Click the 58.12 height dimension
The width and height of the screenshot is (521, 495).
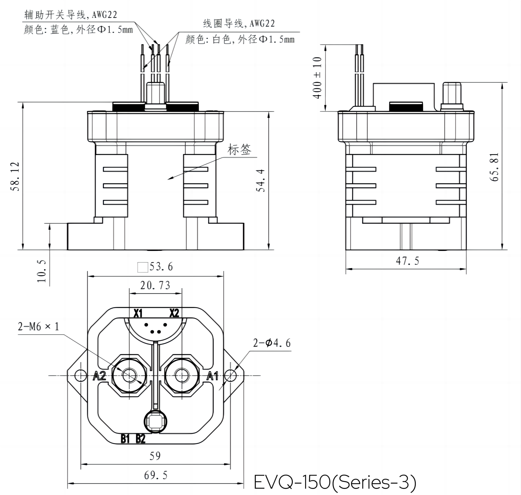coord(15,176)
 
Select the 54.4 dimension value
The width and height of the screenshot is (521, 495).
coord(260,180)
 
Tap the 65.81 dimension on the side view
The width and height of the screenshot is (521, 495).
coord(494,167)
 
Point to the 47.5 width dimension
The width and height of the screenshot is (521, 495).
coord(407,261)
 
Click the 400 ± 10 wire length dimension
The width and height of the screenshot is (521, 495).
coord(317,78)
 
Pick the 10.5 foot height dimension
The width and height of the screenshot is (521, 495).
coord(42,271)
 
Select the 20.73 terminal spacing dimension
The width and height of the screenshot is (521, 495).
coord(155,286)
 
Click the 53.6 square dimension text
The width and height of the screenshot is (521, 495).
coord(161,267)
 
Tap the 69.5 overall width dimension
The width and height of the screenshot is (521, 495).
coord(156,475)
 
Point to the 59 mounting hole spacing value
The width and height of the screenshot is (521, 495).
coord(155,456)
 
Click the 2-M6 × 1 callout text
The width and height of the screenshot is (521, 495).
coord(39,327)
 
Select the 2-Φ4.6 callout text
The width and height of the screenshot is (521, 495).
coord(272,343)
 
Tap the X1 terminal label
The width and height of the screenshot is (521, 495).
coord(138,313)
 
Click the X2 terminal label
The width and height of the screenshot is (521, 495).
coord(174,313)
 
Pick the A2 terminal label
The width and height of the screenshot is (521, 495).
coord(99,376)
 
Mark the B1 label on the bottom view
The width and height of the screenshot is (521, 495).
coord(126,439)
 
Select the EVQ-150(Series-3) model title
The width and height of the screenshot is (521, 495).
coord(335,482)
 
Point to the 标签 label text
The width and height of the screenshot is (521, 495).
coord(239,150)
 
